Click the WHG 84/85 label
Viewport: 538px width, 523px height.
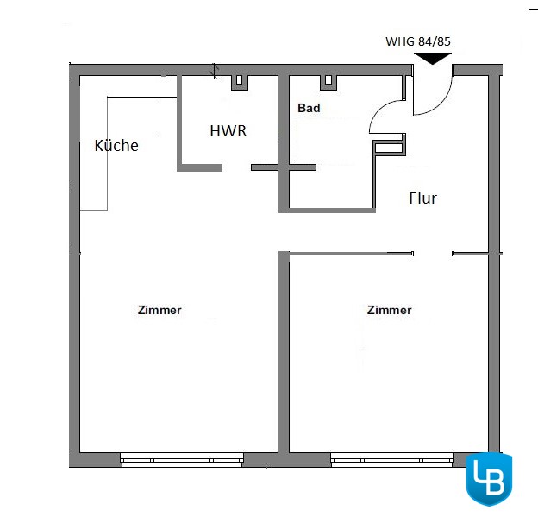click(x=418, y=41)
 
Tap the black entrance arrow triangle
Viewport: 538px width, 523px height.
click(x=433, y=58)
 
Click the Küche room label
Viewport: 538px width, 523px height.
click(x=116, y=145)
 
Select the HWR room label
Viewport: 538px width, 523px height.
click(x=228, y=131)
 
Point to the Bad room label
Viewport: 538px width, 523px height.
click(x=309, y=108)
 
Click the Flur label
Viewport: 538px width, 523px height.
click(x=423, y=198)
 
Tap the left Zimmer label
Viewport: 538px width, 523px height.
click(x=160, y=310)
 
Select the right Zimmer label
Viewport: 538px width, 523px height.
click(x=389, y=310)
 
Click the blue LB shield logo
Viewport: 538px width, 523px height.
click(x=489, y=479)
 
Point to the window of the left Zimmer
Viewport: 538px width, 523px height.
click(x=182, y=460)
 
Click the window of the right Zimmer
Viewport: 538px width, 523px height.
click(x=391, y=460)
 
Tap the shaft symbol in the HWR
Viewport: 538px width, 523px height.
click(x=240, y=82)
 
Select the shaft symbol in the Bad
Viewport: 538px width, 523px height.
click(x=328, y=82)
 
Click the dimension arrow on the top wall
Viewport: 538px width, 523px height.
click(x=215, y=71)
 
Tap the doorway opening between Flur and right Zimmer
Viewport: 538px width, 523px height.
click(x=433, y=254)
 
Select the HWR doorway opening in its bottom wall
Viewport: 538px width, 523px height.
click(x=237, y=167)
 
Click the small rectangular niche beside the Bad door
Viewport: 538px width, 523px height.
click(x=389, y=148)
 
